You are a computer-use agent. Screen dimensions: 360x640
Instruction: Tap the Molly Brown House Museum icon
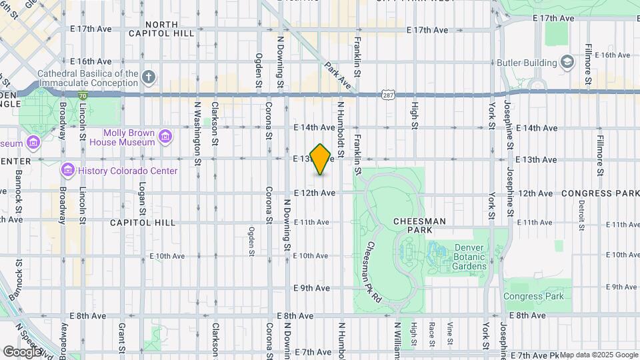(x=165, y=137)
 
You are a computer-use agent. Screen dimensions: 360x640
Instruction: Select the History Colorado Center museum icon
(x=67, y=171)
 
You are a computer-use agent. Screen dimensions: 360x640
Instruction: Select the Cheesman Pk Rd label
(x=372, y=272)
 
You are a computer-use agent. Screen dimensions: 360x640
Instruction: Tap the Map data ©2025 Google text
(x=598, y=355)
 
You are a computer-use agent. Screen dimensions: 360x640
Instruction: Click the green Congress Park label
(x=533, y=297)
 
